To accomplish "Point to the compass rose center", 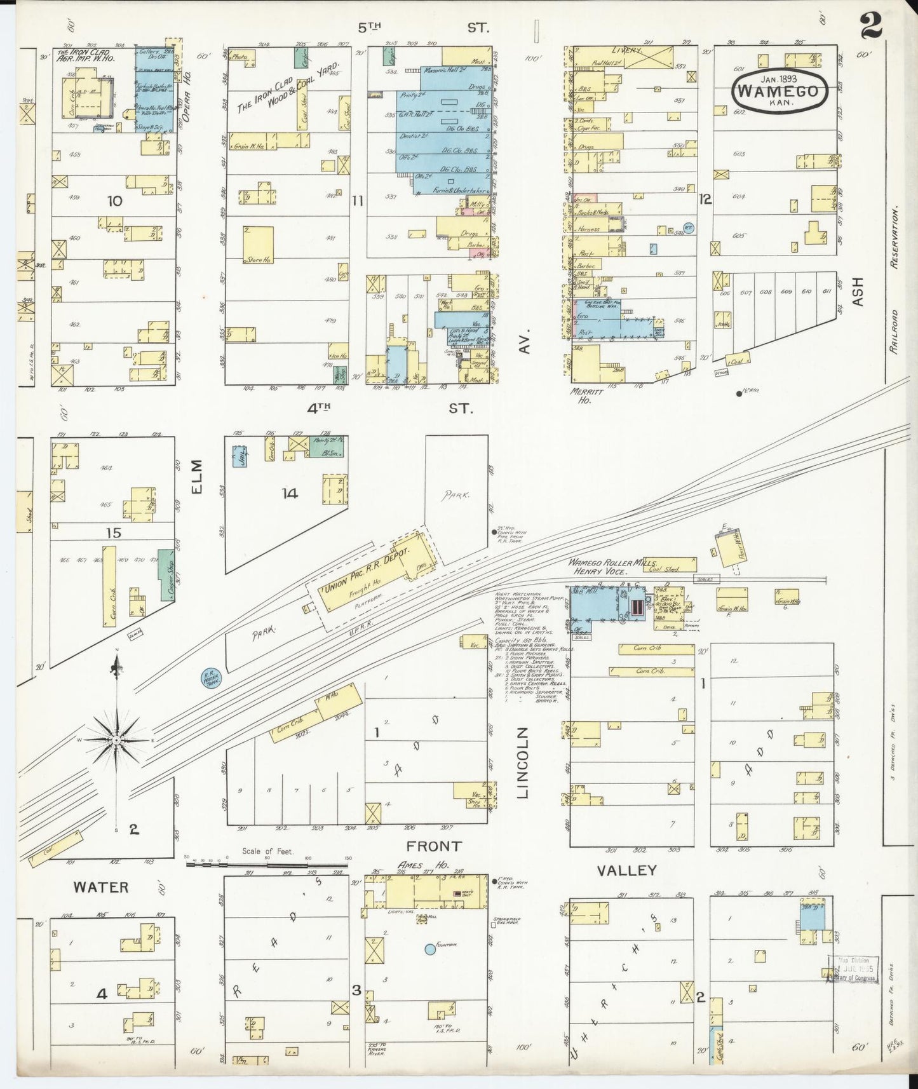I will point(118,741).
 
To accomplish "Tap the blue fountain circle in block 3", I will point(430,949).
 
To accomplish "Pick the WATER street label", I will point(100,887).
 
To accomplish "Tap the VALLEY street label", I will point(626,870).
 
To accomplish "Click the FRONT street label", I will point(434,846).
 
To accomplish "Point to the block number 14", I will point(290,493).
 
